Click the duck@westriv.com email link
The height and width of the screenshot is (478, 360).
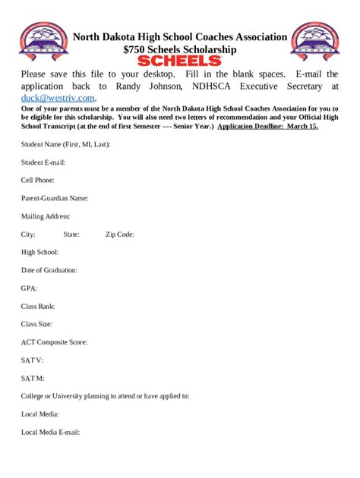coord(58,98)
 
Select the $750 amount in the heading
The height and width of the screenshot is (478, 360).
coord(135,49)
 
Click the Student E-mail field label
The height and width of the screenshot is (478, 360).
coord(43,162)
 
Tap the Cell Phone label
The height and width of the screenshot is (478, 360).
coord(38,181)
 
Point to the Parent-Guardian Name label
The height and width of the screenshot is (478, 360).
coord(55,198)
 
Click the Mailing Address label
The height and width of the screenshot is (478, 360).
coord(46,216)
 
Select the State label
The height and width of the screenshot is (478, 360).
coord(71,234)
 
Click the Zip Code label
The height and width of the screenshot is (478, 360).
coord(120,234)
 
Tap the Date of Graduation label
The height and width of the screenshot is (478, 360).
coord(49,270)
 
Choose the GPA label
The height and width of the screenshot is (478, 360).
coord(29,288)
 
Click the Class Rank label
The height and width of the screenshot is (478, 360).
coord(38,307)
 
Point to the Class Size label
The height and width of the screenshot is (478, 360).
coord(37,324)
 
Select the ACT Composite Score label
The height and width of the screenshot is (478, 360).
coord(54,342)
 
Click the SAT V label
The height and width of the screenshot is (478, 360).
coord(32,360)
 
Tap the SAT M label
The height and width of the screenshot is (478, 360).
coord(33,378)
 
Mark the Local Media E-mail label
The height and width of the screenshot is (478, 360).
coord(50,432)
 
